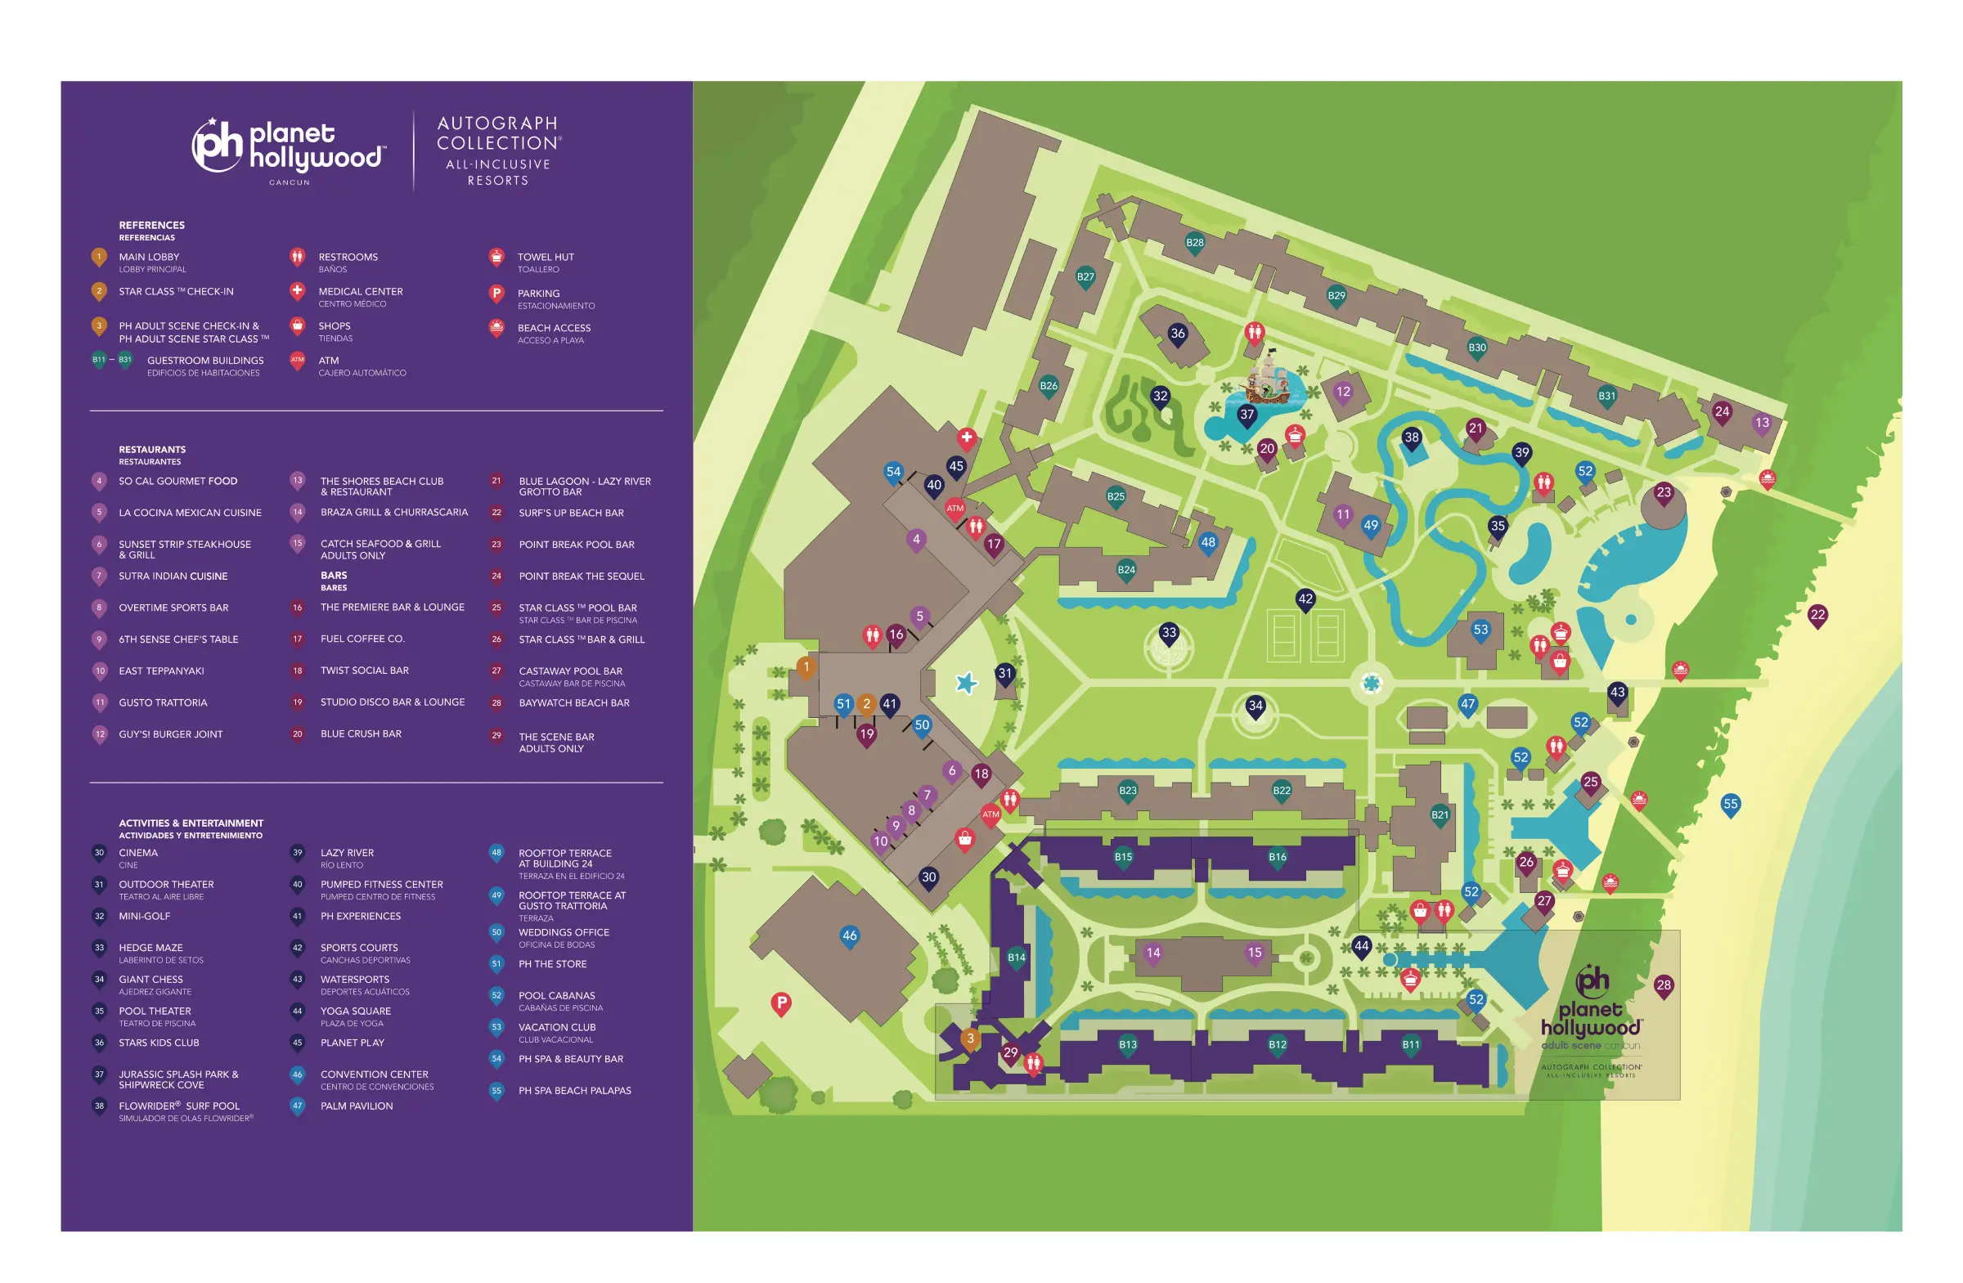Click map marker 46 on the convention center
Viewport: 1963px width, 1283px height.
(850, 935)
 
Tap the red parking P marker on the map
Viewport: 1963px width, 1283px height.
(781, 1003)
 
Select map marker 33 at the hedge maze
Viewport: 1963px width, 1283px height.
(1169, 633)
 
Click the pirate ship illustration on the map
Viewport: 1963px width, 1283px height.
(1265, 379)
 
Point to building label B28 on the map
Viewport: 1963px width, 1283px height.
(1194, 242)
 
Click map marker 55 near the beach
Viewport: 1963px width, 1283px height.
(1730, 804)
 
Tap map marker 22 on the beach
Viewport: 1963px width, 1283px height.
(1817, 615)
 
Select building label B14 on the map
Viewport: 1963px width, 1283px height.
(1016, 958)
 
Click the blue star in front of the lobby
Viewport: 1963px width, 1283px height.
(966, 683)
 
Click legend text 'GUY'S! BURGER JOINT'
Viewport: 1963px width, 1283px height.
(170, 733)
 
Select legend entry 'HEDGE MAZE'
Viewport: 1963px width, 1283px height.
(150, 948)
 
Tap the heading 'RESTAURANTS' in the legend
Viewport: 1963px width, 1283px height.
(152, 450)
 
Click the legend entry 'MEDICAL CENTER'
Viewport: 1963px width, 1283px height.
(361, 291)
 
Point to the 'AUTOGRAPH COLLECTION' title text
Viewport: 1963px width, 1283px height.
(498, 132)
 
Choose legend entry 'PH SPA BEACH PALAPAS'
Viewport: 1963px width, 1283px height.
(574, 1090)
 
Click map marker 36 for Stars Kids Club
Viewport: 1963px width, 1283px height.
(1177, 334)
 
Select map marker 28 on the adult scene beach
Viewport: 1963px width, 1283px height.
(1663, 985)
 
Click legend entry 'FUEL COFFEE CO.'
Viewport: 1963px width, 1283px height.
(362, 638)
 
